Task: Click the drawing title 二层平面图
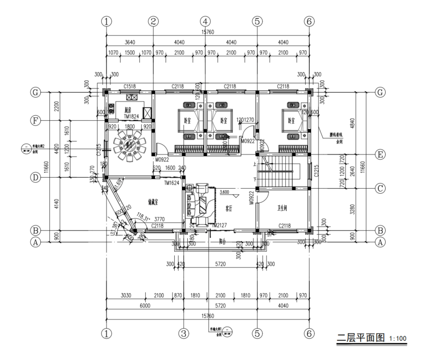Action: [360, 338]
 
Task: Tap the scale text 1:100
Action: [398, 340]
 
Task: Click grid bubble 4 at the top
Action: [205, 21]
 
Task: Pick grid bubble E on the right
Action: [380, 155]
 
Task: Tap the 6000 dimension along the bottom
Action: [145, 306]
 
